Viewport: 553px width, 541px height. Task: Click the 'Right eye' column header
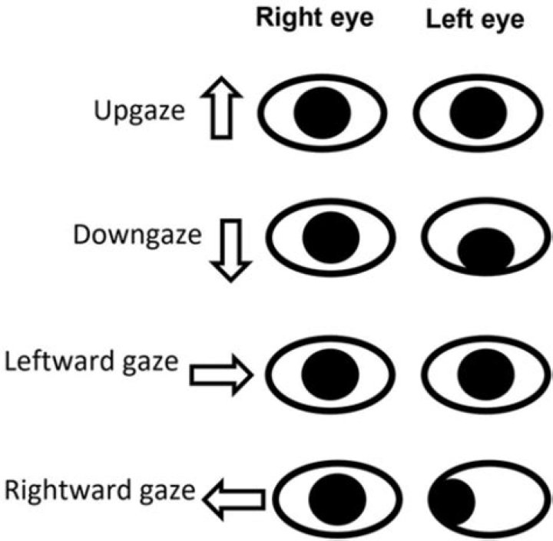(315, 18)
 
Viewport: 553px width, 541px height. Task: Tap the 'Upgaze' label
(140, 111)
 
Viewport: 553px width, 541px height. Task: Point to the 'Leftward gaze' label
(92, 360)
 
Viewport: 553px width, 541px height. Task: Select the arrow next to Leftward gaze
(221, 374)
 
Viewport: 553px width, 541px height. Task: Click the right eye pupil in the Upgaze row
(323, 112)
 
